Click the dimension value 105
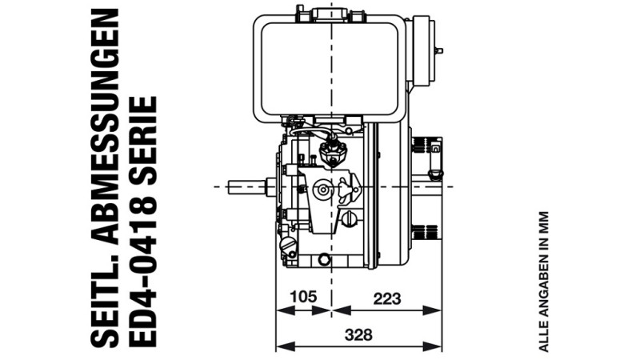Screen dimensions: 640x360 coord(303,296)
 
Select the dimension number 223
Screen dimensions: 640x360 coord(387,298)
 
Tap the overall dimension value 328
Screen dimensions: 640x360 coord(358,334)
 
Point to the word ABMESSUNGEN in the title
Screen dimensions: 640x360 coord(105,128)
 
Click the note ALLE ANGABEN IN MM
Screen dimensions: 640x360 coord(543,282)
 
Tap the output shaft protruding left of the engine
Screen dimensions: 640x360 coord(247,187)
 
